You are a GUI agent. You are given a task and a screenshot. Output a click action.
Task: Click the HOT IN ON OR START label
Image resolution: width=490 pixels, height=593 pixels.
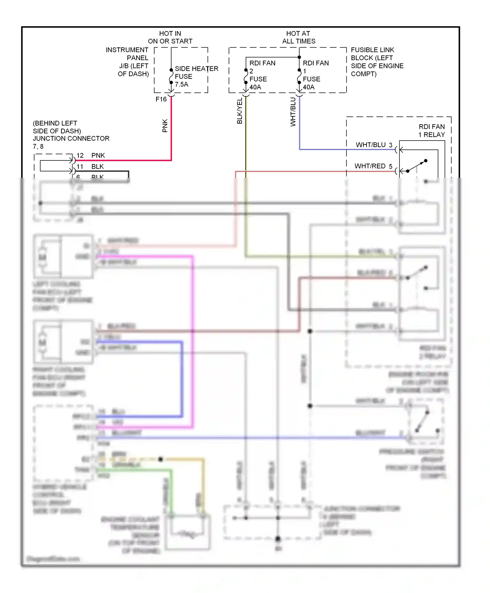pos(170,37)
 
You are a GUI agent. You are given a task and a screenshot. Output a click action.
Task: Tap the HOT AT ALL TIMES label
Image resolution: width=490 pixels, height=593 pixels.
pos(299,37)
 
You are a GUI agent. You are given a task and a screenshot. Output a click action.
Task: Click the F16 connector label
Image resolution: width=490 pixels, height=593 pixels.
pos(161,99)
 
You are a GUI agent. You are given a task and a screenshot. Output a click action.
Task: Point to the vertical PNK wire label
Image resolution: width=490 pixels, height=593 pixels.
pos(165,126)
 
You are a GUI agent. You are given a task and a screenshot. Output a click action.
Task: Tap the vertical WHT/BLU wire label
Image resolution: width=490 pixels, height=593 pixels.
pos(293,112)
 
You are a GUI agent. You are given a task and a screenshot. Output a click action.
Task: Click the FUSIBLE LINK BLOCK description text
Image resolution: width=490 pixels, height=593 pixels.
pos(377,62)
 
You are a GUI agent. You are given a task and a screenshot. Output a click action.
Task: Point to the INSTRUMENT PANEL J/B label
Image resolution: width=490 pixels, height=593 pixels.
pos(129,62)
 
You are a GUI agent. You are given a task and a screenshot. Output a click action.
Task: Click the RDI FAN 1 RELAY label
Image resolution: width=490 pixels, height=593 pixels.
pos(431,130)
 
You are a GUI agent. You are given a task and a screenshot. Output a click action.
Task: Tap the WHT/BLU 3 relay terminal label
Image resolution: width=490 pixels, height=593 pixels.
pos(374,145)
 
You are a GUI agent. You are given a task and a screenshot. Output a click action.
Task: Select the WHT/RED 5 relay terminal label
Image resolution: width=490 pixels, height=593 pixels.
pos(373,166)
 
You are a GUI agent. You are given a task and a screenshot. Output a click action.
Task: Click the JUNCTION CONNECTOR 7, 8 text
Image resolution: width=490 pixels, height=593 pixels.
pos(71,135)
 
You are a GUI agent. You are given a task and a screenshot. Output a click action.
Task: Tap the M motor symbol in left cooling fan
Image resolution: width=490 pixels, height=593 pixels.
pos(42,257)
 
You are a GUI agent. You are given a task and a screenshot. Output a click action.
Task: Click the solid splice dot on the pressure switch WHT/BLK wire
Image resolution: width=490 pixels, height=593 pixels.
pos(310,406)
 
